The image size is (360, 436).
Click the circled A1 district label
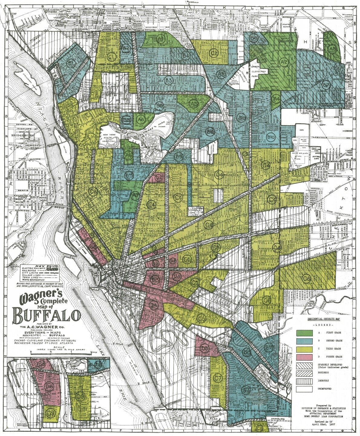tap(161, 39)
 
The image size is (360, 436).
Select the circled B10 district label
tap(271, 138)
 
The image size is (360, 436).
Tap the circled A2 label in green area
tap(284, 62)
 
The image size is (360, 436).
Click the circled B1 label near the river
tap(71, 63)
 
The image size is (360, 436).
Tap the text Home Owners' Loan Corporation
tap(321, 416)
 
